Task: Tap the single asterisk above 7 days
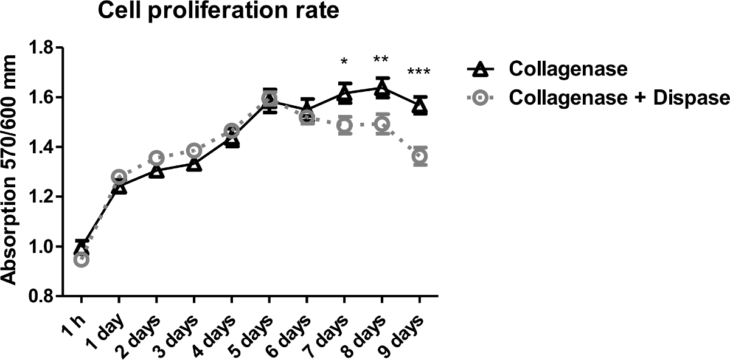tap(344, 62)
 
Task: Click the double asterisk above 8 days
tap(381, 60)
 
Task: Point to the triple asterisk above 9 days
tap(419, 72)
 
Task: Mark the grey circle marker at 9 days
tap(420, 156)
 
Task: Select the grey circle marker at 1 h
tap(82, 260)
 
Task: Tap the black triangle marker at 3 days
tap(194, 164)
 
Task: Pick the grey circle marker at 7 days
tap(345, 125)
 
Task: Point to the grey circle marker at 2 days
tap(156, 158)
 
